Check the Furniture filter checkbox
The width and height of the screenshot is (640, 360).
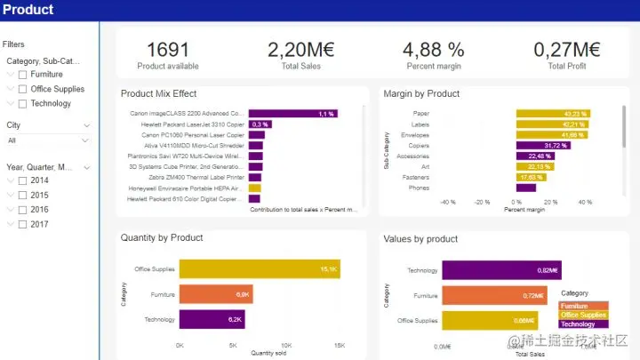(x=22, y=75)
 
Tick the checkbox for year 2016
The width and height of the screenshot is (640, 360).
(x=22, y=210)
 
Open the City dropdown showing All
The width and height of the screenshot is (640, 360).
(x=48, y=140)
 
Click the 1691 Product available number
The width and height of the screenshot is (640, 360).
(x=168, y=51)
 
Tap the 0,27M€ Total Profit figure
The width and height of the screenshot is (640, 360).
(x=567, y=51)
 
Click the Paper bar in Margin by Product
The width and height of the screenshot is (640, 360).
(x=554, y=114)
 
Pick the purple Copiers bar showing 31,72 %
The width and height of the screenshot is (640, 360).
(x=543, y=145)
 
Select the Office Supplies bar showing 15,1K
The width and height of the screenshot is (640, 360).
(x=260, y=269)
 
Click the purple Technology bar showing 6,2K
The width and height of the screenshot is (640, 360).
(x=212, y=319)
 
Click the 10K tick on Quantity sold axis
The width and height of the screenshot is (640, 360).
(x=286, y=344)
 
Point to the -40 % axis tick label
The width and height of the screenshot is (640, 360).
(x=448, y=202)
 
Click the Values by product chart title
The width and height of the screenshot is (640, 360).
(x=420, y=238)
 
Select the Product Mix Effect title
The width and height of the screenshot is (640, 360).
(x=158, y=93)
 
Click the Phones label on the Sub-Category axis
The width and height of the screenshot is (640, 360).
(x=420, y=188)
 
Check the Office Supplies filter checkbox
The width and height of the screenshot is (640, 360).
(x=22, y=89)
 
